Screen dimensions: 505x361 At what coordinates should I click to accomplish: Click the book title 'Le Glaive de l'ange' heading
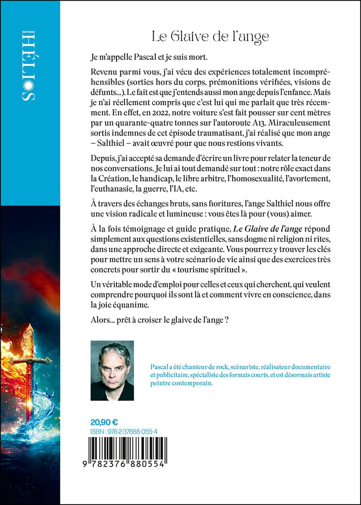210,36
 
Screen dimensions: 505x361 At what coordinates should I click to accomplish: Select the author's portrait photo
112,370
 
